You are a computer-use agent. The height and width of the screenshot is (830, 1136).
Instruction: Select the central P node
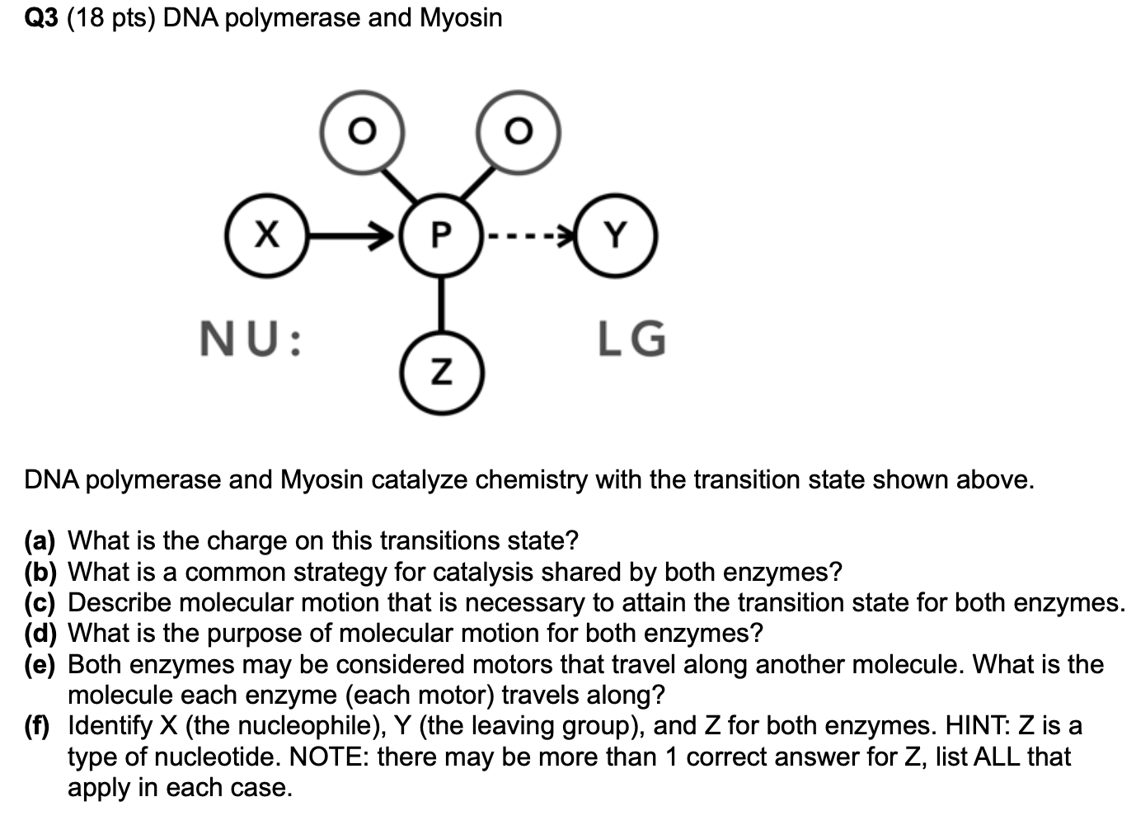coord(441,235)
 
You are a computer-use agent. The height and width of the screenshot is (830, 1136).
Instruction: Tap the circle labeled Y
coord(616,235)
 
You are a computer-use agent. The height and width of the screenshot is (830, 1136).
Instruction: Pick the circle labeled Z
coord(442,373)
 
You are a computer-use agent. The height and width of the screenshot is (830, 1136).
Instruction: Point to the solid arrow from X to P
coord(351,236)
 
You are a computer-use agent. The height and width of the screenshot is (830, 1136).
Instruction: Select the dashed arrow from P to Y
coord(529,236)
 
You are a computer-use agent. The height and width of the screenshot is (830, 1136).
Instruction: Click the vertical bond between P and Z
coord(441,304)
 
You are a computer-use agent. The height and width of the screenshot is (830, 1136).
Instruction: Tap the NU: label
coord(251,338)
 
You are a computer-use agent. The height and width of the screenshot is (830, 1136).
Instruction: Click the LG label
coord(631,338)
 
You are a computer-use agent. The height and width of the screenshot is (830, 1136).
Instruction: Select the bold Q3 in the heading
coord(41,18)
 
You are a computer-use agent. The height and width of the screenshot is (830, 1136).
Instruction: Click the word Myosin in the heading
coord(461,19)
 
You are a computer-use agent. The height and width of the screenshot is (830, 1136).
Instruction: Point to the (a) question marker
coord(40,540)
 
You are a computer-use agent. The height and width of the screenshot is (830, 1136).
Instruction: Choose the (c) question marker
coord(40,603)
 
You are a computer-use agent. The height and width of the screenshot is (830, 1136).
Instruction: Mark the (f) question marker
coord(37,726)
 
